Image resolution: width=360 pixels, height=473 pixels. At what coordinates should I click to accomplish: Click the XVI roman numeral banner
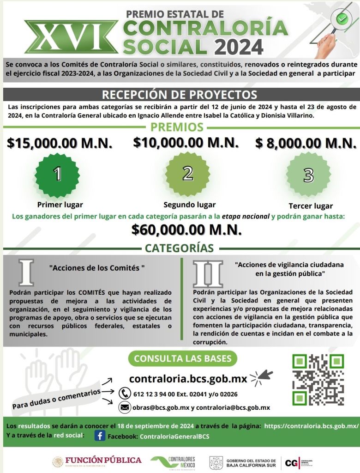point(71,36)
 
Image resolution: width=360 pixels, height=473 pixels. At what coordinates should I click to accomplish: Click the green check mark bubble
point(342,19)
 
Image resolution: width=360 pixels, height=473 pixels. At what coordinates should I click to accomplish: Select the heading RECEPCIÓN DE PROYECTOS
point(180,95)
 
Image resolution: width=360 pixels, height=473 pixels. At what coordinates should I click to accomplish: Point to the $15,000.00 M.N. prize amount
point(60,143)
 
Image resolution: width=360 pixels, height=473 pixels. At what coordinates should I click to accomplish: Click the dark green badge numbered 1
point(58,174)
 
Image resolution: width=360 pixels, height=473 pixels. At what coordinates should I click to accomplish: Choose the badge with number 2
point(187,173)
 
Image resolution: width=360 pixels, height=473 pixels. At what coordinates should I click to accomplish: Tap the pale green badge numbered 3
point(308,175)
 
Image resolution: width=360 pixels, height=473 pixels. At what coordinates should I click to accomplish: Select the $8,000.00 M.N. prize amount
point(306,143)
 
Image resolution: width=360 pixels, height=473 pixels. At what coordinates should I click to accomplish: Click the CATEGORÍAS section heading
point(179,248)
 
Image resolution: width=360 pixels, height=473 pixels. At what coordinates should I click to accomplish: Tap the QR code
point(318,380)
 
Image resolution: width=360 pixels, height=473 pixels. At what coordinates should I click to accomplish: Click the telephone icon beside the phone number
point(125,393)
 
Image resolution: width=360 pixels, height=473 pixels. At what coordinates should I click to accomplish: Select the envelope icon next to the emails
point(125,407)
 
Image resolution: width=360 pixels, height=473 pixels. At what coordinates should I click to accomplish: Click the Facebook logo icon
point(100,436)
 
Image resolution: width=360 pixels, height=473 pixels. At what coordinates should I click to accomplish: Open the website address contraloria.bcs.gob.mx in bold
point(188,379)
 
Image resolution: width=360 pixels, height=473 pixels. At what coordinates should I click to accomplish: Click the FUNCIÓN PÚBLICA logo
point(97,461)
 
